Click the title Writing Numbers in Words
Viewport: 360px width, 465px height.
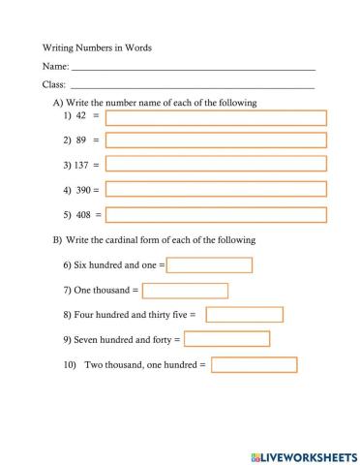97,46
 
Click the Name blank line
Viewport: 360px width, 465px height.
194,68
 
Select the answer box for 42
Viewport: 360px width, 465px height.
216,118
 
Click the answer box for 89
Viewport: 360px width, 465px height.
216,141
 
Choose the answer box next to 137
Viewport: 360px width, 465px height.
216,166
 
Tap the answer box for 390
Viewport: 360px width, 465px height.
216,190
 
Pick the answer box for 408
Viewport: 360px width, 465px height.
216,215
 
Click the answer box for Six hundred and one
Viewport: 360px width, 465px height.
209,265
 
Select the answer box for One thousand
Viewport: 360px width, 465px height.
185,291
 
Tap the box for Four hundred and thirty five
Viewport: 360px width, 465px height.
244,315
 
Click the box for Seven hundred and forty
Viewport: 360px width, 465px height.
226,340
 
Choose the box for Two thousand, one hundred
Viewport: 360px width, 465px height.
254,365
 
